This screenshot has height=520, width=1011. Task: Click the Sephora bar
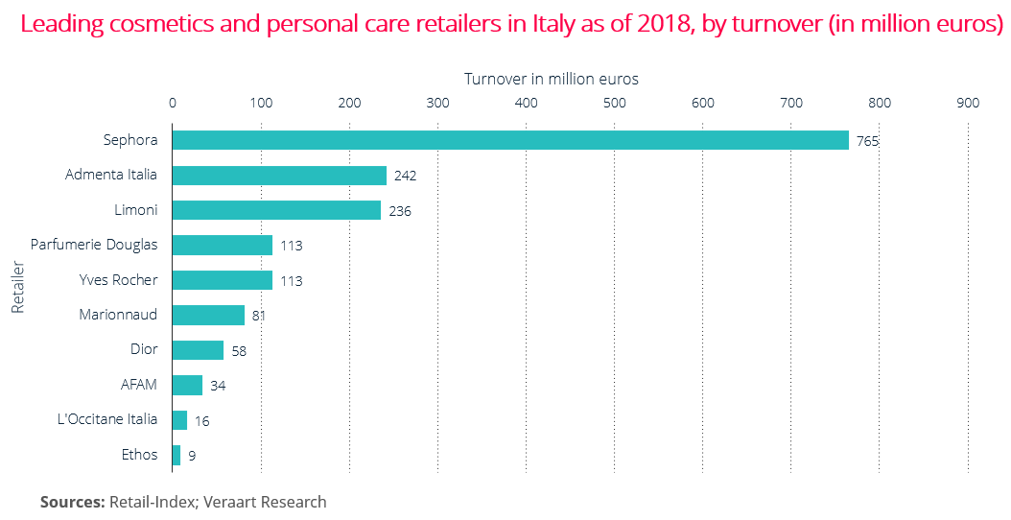coord(510,140)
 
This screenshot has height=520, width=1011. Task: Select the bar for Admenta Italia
coord(279,176)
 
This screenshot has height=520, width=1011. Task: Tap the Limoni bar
coord(276,210)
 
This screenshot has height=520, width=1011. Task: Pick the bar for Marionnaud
coord(208,315)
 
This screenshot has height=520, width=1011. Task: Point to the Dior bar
coord(198,350)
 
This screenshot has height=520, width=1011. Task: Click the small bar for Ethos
coord(176,455)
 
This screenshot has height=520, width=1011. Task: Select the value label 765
coord(868,141)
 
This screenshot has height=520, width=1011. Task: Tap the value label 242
coord(405,177)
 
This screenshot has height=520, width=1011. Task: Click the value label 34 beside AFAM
coord(218,386)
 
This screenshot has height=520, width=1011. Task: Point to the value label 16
coord(201,421)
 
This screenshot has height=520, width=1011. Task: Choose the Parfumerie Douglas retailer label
coord(94,245)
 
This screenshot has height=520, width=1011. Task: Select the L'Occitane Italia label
coord(107,419)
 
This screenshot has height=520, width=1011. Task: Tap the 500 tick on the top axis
coord(614,103)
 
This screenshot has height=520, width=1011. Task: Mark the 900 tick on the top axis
coord(968,103)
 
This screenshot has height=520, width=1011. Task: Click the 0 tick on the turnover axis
coord(173,103)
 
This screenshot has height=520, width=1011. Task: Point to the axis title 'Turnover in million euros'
coord(552,79)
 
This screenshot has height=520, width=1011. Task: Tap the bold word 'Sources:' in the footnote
coord(72,502)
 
